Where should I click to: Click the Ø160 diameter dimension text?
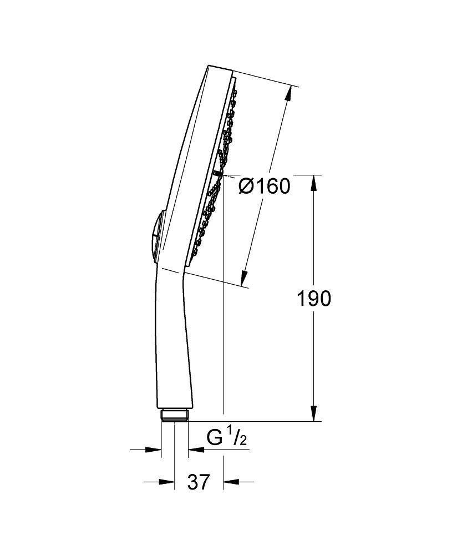265,186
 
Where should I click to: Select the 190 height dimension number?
313,299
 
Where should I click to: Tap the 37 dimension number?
199,482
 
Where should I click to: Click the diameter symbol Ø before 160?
247,186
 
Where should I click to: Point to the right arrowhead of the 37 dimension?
229,482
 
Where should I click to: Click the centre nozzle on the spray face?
216,174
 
